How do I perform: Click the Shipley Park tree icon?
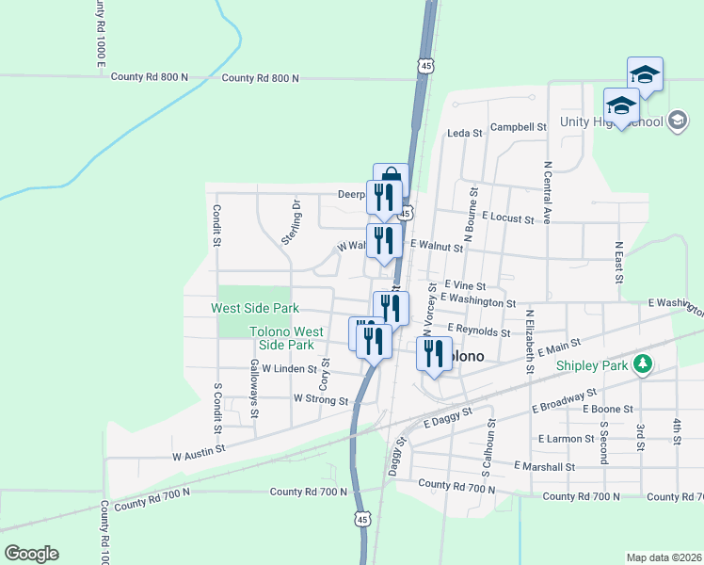(643, 363)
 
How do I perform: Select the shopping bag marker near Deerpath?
(391, 179)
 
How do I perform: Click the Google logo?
(31, 553)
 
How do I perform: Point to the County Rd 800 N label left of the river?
(150, 77)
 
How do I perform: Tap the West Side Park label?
(254, 308)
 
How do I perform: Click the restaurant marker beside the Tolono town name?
(434, 354)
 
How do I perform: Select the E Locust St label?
(508, 218)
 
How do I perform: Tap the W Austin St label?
(201, 454)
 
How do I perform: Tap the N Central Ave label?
(547, 192)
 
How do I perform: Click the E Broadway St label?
(565, 399)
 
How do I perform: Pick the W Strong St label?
(321, 399)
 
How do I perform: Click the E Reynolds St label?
(479, 331)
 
